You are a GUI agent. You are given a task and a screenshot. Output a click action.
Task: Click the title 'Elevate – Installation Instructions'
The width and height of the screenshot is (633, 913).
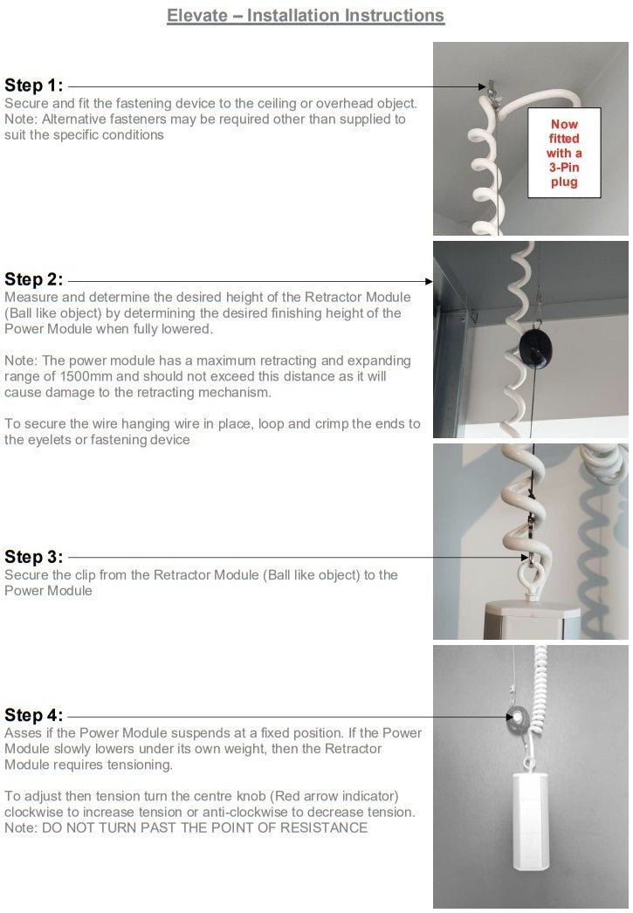(x=306, y=16)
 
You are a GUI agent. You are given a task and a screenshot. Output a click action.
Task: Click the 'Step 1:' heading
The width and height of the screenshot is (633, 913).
(x=34, y=86)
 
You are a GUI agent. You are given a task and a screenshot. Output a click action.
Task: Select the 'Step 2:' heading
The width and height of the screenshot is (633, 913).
(x=34, y=280)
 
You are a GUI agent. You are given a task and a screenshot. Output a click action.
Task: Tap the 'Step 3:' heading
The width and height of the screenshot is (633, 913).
(x=34, y=557)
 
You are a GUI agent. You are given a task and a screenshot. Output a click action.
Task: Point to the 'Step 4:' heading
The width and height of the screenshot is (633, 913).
(x=34, y=715)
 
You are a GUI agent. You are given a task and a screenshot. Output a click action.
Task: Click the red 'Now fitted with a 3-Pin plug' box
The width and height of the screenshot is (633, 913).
(x=564, y=154)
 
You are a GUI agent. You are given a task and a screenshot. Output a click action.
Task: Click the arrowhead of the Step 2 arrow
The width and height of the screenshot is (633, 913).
(x=429, y=281)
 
